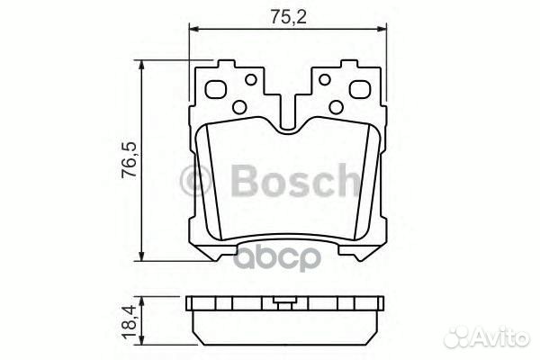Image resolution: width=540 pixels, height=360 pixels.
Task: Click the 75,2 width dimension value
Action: (282, 14)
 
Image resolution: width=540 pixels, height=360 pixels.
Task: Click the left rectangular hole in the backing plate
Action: (217, 90)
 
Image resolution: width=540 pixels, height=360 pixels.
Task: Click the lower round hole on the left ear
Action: (238, 107)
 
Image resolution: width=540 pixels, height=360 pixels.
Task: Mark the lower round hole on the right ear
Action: (335, 107)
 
